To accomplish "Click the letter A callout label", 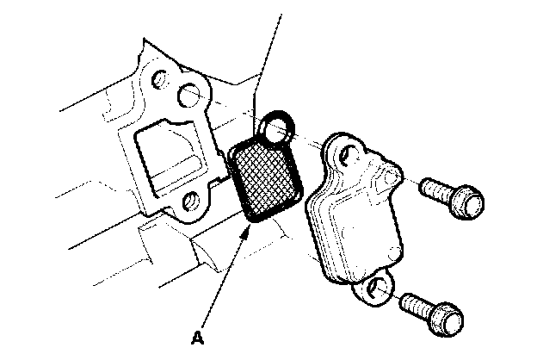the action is coord(198,338).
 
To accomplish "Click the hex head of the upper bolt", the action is coord(468,202).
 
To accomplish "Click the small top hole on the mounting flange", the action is coord(159,78).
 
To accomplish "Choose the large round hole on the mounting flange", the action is coord(188,94).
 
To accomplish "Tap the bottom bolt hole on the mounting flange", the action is coord(189,201).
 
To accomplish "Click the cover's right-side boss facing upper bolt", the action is coord(392,177).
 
